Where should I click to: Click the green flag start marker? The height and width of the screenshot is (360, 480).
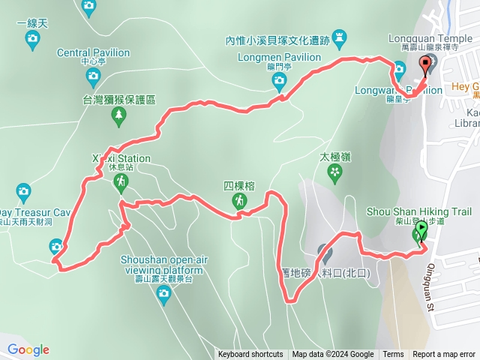coord(421,229)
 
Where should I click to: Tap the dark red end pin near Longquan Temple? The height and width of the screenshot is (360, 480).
coord(427,65)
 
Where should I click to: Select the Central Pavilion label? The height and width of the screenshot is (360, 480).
coord(93,53)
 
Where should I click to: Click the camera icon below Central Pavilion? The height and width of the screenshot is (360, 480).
coord(92,75)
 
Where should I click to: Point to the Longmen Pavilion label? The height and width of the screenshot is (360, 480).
coord(269,57)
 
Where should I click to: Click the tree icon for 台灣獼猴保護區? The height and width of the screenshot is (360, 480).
coord(118,114)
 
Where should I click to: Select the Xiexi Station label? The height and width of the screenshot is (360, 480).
coord(121,159)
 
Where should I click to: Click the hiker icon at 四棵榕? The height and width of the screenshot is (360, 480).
coord(239,201)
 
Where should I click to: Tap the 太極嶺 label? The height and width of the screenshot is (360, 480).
coord(335,157)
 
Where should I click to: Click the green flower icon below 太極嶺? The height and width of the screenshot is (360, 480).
coord(334,174)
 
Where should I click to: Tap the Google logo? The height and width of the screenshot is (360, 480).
coord(28,349)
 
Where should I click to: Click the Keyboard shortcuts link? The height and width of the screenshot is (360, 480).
coord(250,355)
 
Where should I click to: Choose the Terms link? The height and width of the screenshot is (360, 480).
coord(393,355)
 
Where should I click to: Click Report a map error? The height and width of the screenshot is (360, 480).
coord(443,355)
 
